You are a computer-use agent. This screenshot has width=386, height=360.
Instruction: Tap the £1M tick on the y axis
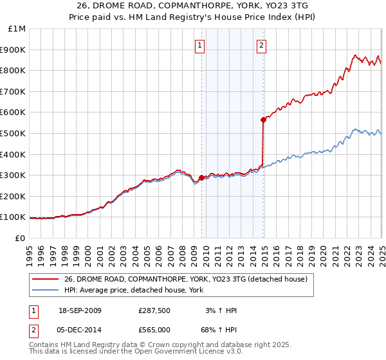point(16,28)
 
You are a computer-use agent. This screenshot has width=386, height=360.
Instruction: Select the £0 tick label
point(19,238)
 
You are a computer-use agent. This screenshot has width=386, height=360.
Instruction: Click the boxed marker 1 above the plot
point(201,45)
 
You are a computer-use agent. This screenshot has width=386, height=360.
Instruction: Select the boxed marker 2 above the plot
point(262,45)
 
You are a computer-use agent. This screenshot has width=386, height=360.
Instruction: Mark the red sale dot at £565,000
point(263,120)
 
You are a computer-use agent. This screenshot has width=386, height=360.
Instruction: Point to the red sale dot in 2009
point(201,177)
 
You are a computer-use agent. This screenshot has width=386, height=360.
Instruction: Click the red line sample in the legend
point(45,279)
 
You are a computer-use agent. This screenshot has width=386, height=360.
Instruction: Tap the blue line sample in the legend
point(45,290)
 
